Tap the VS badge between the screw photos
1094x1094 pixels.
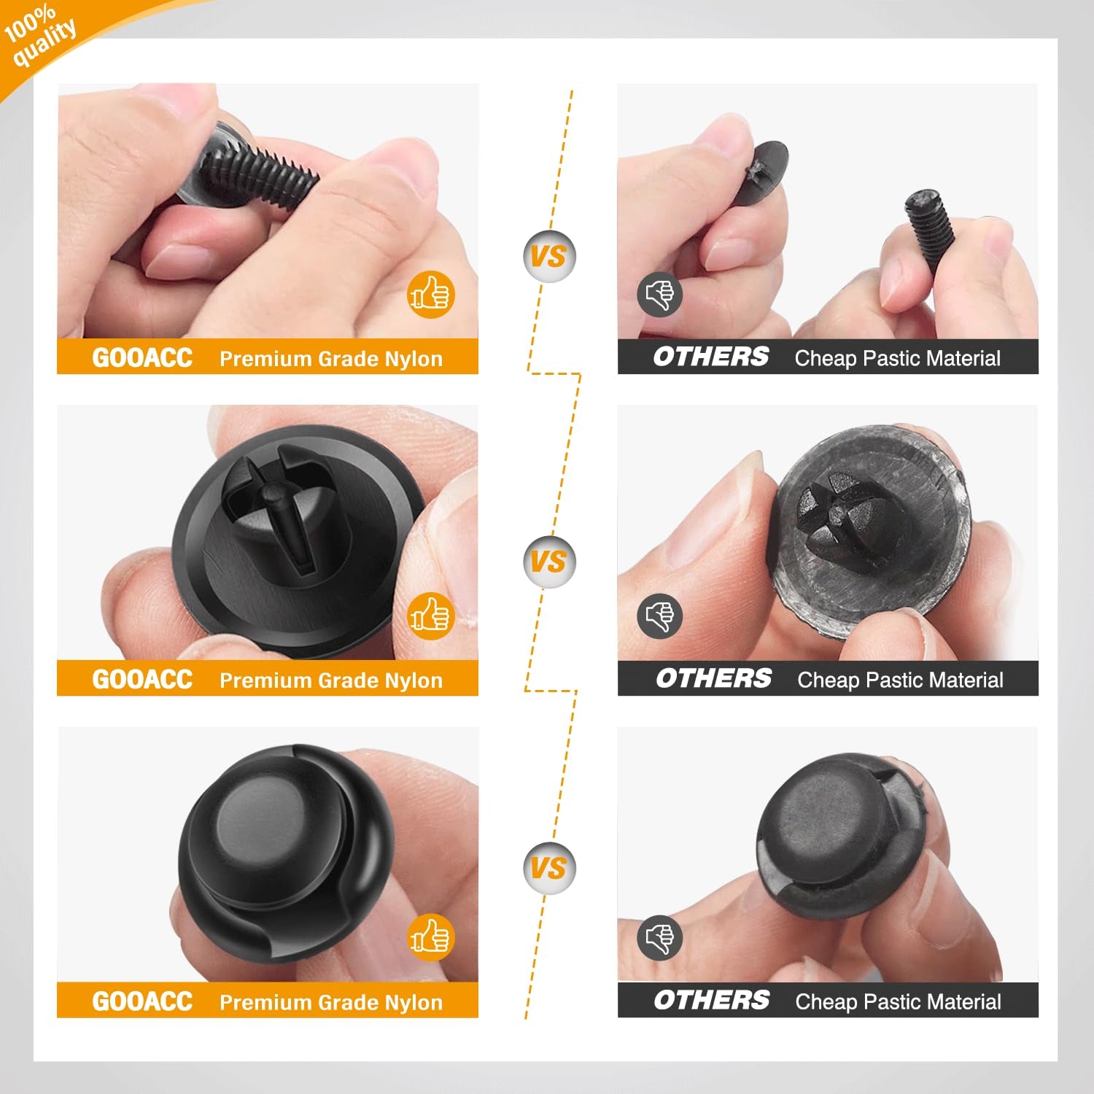[548, 256]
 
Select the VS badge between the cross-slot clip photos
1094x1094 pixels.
[548, 562]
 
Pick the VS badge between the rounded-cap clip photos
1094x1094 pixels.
[548, 868]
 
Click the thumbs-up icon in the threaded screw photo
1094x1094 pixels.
[430, 295]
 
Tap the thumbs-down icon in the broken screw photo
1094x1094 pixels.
[659, 295]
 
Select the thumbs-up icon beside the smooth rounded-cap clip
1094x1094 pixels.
[430, 937]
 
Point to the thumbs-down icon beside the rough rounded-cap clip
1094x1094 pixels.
[659, 937]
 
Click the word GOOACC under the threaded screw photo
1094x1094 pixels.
[142, 357]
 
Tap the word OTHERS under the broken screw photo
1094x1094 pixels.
[710, 357]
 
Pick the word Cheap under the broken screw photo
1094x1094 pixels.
[825, 358]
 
